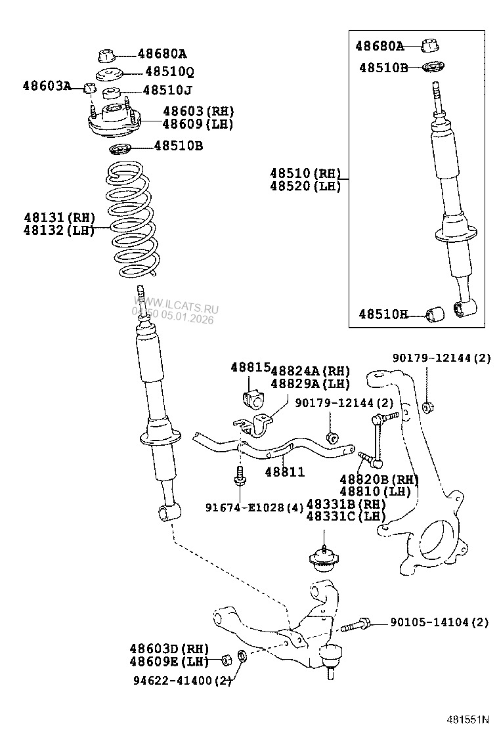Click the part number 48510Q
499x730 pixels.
click(x=169, y=72)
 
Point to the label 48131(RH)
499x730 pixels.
click(x=59, y=218)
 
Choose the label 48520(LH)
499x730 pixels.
click(x=305, y=186)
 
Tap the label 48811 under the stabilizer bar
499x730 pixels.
click(x=285, y=471)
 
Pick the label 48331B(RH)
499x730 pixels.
click(x=346, y=504)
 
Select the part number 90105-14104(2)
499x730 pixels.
click(x=439, y=622)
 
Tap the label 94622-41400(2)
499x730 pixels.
click(x=181, y=680)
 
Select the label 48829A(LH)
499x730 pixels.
click(x=310, y=384)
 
